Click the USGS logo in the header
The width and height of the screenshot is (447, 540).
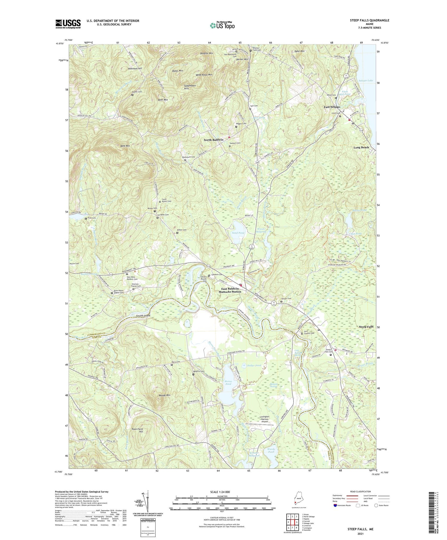[x=68, y=24]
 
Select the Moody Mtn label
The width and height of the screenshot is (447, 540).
[x=164, y=395]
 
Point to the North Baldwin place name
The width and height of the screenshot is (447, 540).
[x=213, y=140]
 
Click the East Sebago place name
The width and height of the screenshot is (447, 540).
[x=332, y=107]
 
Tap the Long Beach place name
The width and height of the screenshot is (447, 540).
[x=361, y=147]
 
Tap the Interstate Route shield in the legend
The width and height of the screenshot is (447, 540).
[x=336, y=505]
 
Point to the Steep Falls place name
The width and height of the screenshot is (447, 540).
[x=366, y=327]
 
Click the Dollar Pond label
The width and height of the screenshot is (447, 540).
[x=254, y=365]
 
